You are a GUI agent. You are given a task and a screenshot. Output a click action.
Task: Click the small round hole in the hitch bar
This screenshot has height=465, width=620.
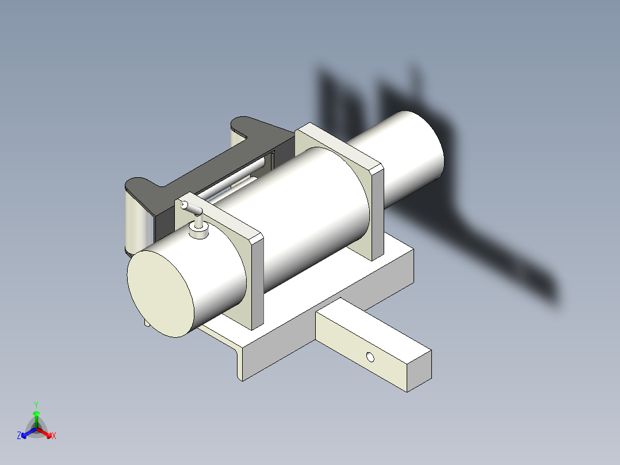370,357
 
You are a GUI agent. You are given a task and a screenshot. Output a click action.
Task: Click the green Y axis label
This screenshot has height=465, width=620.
36,404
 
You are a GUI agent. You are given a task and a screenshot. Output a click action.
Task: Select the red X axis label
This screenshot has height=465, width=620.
53,436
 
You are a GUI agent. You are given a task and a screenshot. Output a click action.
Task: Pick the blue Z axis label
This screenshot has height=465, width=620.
20,436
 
